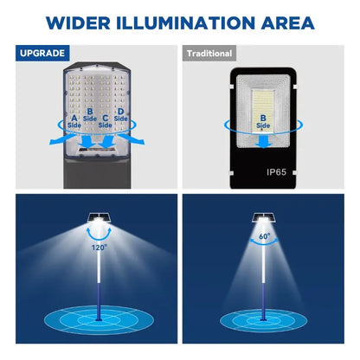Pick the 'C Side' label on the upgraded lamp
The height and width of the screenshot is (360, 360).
pyautogui.click(x=106, y=119)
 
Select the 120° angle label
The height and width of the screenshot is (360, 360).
pyautogui.click(x=100, y=247)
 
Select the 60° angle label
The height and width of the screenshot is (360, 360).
pyautogui.click(x=264, y=235)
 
